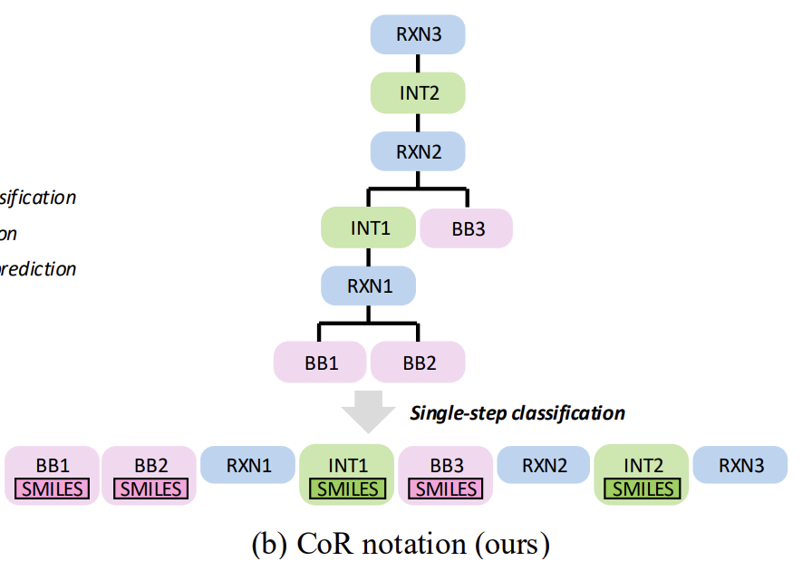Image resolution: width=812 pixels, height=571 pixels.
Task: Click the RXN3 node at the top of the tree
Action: (x=418, y=34)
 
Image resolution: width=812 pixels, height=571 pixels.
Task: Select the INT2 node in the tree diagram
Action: (x=418, y=92)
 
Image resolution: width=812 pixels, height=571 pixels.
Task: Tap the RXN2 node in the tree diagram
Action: (x=418, y=151)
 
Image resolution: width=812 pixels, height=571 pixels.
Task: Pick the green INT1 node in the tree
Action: (x=370, y=228)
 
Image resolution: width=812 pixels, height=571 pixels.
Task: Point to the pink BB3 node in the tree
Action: (x=467, y=228)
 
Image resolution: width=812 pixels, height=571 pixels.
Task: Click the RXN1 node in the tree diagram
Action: (x=368, y=286)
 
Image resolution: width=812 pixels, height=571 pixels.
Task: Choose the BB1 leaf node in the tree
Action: (x=321, y=363)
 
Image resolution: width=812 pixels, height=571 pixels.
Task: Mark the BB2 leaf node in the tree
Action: (x=419, y=363)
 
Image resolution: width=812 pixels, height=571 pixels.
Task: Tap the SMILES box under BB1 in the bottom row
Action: (x=53, y=489)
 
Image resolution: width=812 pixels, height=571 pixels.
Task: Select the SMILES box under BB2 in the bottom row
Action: (x=150, y=489)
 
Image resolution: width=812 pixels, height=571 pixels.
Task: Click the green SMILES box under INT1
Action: (x=347, y=489)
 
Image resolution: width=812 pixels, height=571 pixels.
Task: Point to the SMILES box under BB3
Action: (x=446, y=489)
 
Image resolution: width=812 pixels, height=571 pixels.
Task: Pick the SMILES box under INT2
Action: (x=642, y=489)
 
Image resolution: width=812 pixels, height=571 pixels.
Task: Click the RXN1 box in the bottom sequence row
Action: (x=248, y=466)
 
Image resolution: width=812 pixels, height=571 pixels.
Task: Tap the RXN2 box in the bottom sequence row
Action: (x=544, y=466)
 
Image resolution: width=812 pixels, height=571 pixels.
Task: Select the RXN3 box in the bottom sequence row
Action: (x=740, y=466)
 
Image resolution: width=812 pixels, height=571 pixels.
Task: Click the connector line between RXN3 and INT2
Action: (x=418, y=63)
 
